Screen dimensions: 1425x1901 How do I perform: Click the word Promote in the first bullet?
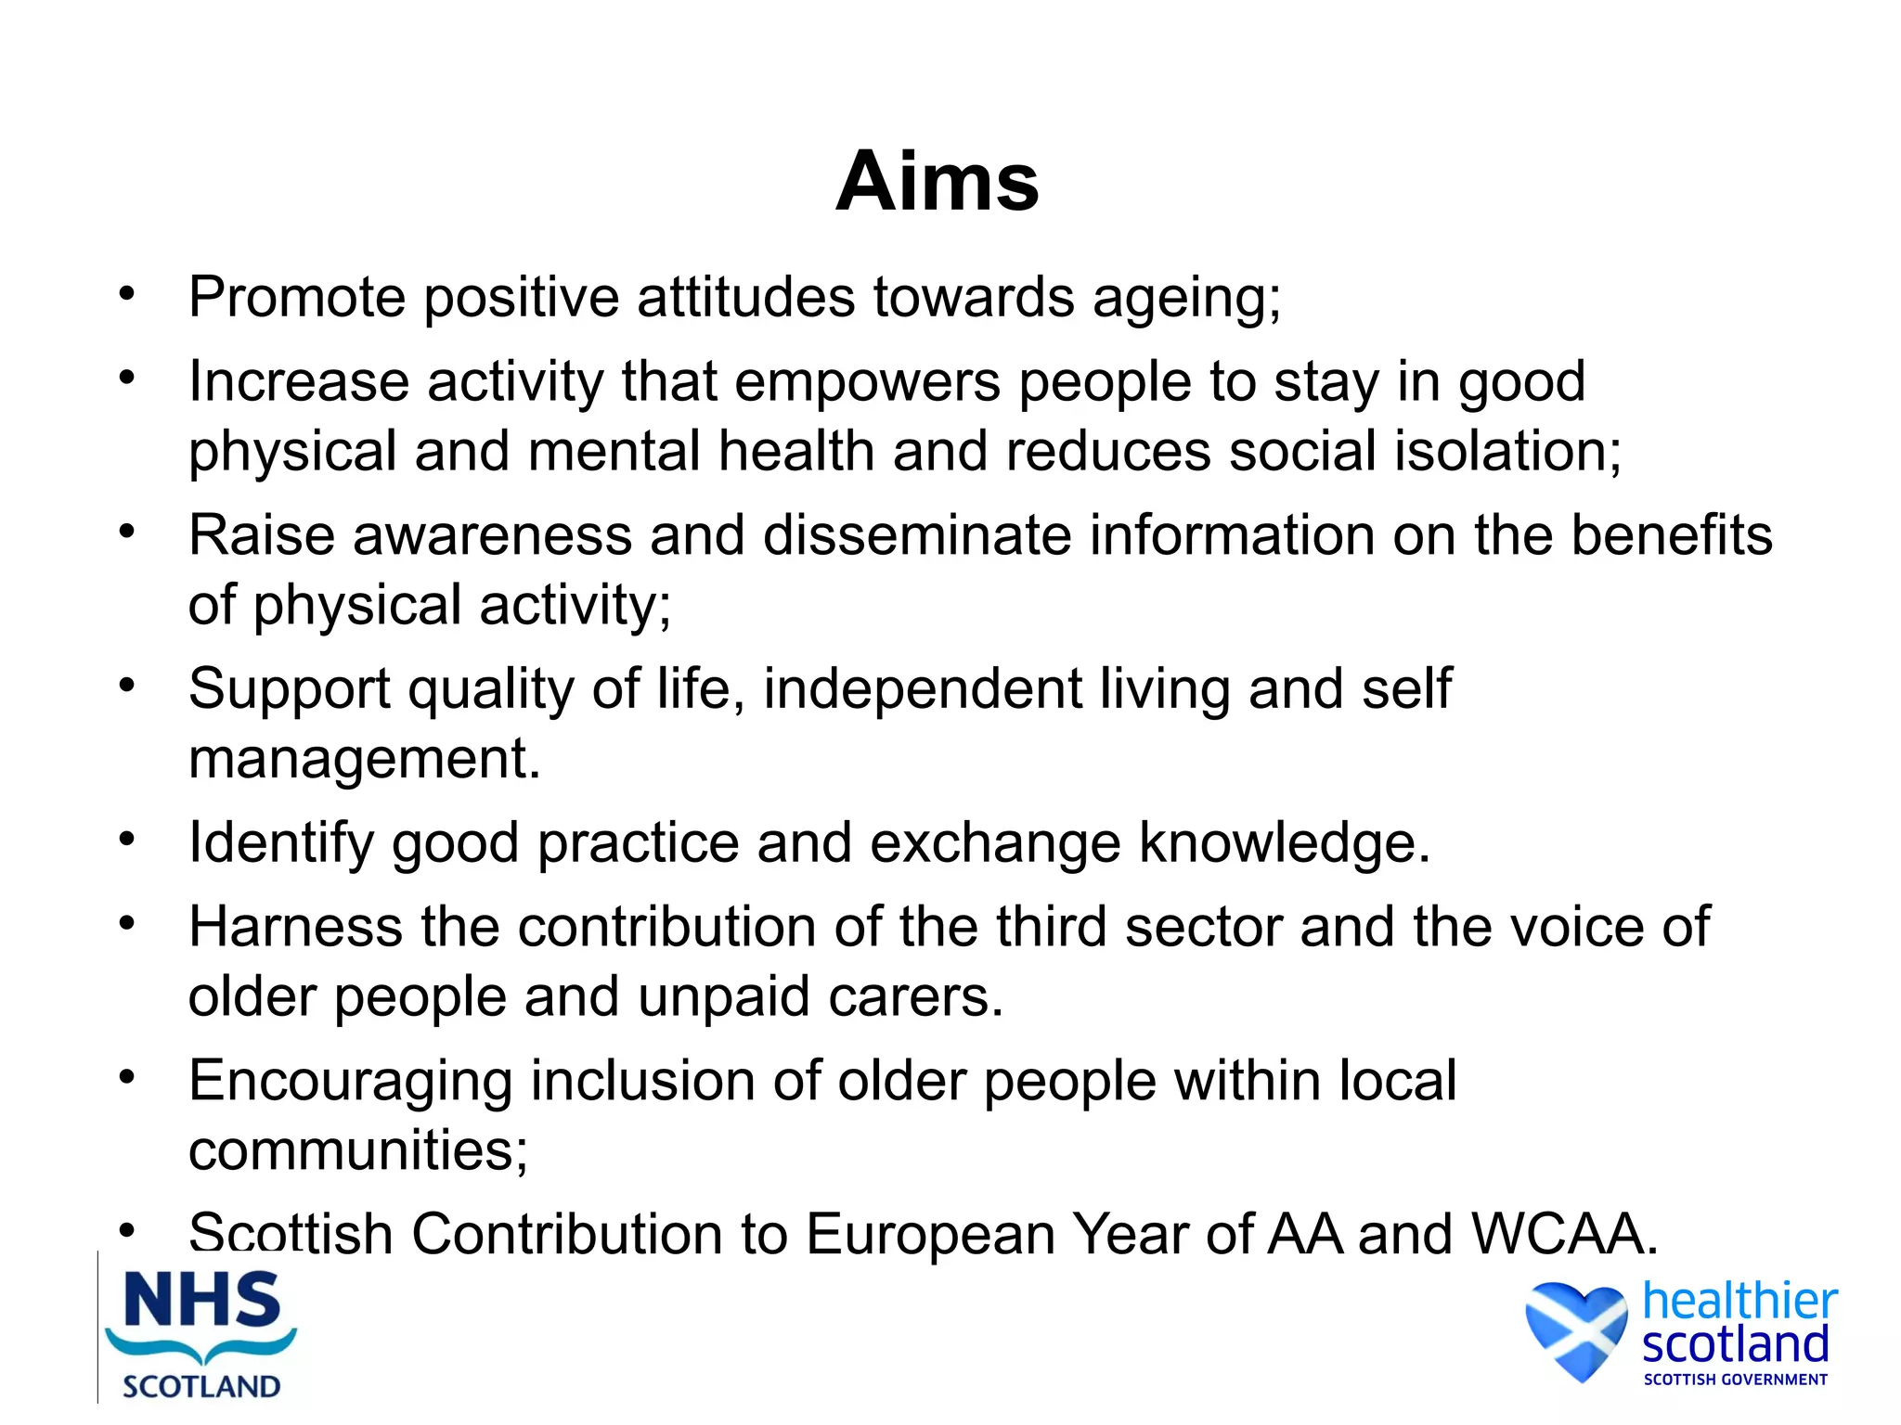tap(297, 297)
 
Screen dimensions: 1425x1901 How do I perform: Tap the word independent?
tap(923, 689)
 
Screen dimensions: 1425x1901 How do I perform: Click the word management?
tap(363, 760)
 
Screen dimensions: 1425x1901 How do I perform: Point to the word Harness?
tap(295, 927)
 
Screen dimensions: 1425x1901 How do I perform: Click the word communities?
tap(357, 1150)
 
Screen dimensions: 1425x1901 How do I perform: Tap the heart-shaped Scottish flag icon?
tap(1576, 1329)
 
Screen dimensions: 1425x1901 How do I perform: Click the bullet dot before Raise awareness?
tap(127, 532)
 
